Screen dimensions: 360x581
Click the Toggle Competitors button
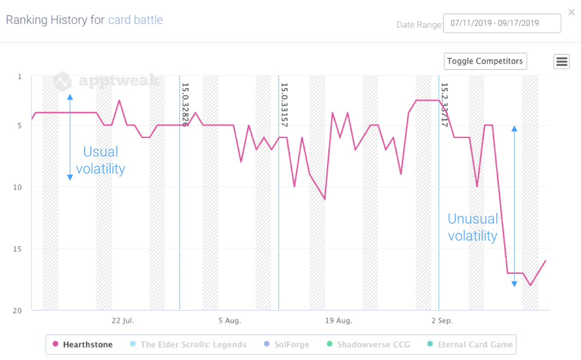coord(485,61)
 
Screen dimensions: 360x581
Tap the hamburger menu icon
coord(562,62)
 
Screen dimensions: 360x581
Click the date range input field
coord(502,23)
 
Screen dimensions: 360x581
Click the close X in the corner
coord(571,12)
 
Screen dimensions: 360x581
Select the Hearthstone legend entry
coord(83,344)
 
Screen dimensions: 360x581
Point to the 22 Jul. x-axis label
coord(123,321)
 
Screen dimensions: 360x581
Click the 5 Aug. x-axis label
coord(229,321)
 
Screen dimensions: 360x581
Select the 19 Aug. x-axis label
coord(338,321)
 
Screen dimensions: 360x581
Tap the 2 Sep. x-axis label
coord(442,321)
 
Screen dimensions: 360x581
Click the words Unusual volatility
coord(473,227)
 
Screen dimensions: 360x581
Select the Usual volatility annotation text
coord(101,160)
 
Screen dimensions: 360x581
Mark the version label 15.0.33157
coord(284,105)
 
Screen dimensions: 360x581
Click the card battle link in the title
coord(135,20)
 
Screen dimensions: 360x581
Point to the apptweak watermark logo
coord(106,81)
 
